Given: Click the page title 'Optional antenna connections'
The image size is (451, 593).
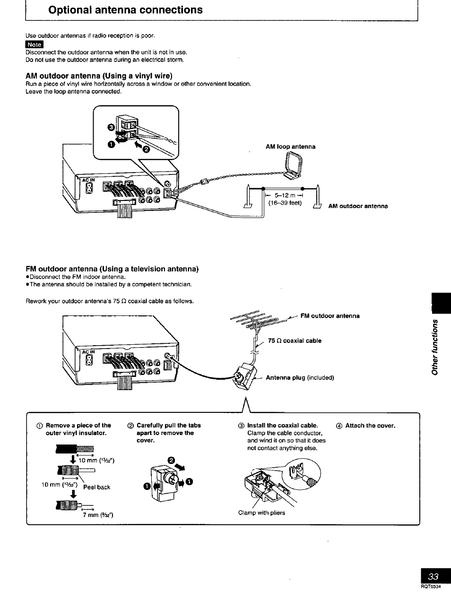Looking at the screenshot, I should pyautogui.click(x=125, y=10).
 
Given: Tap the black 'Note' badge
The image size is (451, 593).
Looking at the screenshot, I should pyautogui.click(x=35, y=44).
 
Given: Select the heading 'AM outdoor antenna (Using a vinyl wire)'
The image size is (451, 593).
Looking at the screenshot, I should pyautogui.click(x=99, y=76).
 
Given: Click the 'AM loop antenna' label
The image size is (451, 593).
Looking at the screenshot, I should pyautogui.click(x=290, y=147).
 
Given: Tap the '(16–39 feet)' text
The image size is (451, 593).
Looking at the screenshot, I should pyautogui.click(x=285, y=203).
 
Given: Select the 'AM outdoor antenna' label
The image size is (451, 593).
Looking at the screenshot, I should pyautogui.click(x=358, y=206).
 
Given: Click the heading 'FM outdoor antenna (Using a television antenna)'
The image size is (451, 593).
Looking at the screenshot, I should pyautogui.click(x=112, y=269).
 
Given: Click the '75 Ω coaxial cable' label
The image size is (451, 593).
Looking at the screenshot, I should pyautogui.click(x=295, y=340).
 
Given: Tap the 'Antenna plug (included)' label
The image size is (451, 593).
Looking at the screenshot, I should pyautogui.click(x=300, y=377).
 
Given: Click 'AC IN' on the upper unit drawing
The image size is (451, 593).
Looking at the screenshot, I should pyautogui.click(x=88, y=180).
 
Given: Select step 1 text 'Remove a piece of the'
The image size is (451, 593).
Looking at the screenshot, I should pyautogui.click(x=78, y=425).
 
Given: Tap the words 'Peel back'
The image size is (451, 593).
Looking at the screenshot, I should pyautogui.click(x=96, y=487).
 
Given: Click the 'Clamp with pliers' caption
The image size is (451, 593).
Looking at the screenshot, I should pyautogui.click(x=261, y=513).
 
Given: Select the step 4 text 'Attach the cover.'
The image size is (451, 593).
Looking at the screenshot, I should pyautogui.click(x=370, y=425).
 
